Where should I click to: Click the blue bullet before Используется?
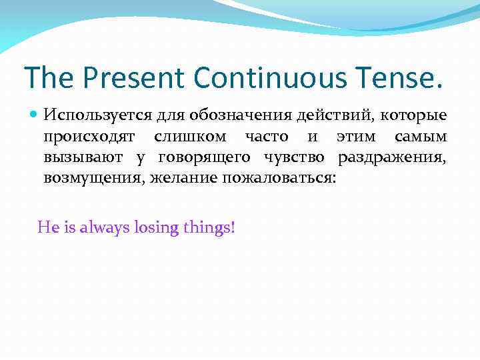[x=35, y=115]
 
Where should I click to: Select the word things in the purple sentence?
[x=209, y=227]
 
